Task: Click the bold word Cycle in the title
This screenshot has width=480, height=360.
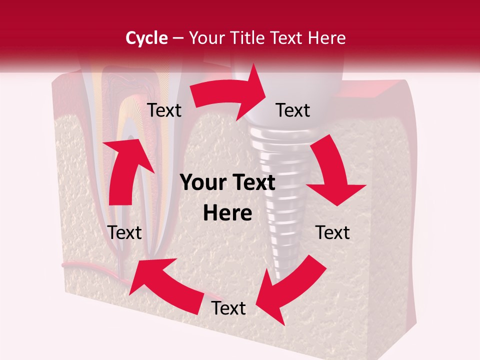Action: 146,38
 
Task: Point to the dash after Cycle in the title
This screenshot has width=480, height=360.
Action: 177,38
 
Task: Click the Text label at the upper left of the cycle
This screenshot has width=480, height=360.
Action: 164,110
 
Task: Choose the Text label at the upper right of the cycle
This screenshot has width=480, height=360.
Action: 293,110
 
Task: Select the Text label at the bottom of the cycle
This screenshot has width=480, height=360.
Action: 228,308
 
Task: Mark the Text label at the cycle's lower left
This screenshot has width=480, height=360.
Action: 124,232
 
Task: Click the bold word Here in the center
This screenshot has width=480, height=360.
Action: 227,213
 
